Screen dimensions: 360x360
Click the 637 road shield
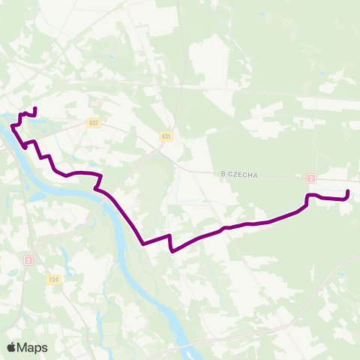click(93, 122)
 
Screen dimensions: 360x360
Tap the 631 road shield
click(166, 136)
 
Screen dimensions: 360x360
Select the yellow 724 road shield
click(53, 280)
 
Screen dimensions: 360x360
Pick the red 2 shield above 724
click(28, 259)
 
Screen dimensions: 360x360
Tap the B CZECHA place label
click(239, 175)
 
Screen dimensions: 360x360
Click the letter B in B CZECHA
click(223, 175)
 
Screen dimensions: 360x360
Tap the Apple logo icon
click(11, 346)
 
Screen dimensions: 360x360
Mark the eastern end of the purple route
click(348, 193)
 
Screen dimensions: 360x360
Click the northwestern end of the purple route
click(35, 109)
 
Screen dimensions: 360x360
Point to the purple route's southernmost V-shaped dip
click(172, 251)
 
